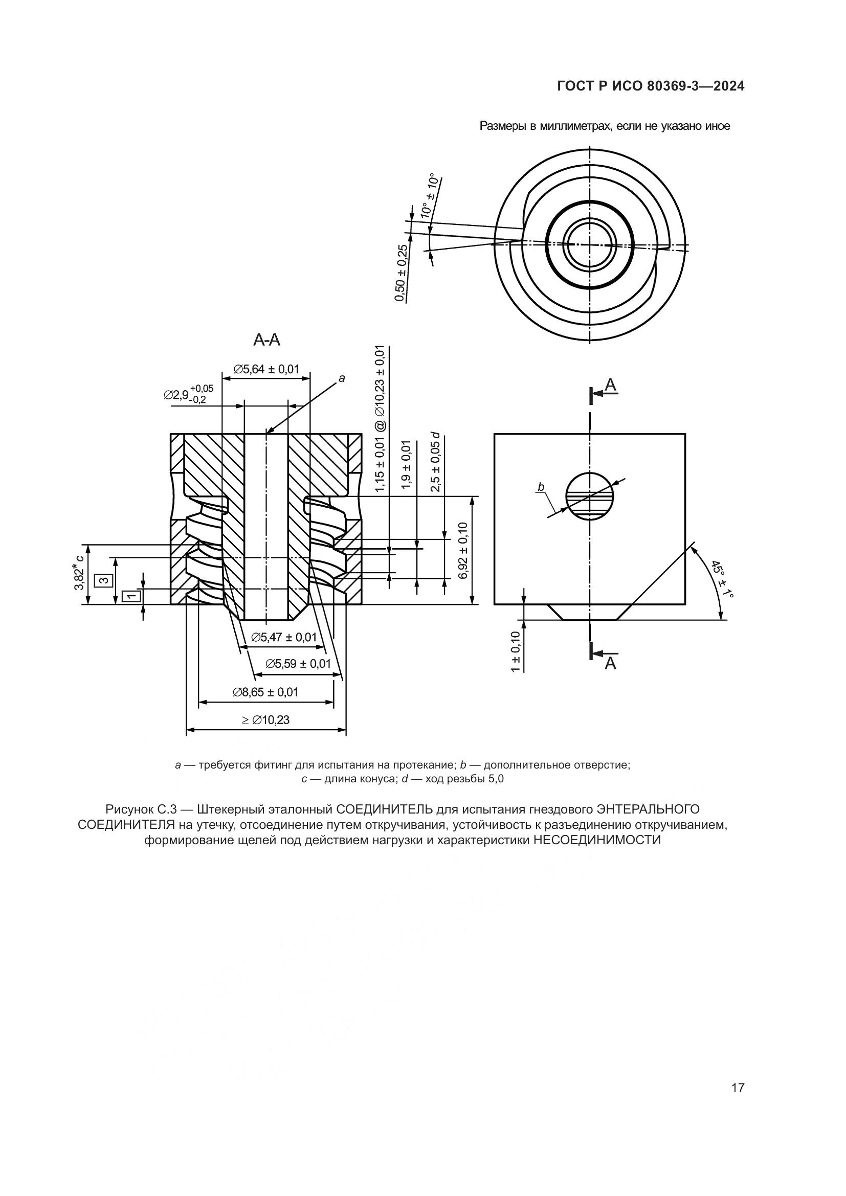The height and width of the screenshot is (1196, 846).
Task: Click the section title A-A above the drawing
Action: [x=266, y=340]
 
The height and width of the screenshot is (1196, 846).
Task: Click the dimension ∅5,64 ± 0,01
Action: [x=266, y=369]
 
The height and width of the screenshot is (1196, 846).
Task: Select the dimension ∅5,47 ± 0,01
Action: [x=283, y=637]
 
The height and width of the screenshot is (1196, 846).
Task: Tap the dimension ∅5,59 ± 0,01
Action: [x=298, y=664]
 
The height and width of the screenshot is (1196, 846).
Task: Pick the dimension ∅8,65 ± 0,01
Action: [x=265, y=692]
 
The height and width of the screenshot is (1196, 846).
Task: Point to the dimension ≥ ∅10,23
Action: [x=265, y=720]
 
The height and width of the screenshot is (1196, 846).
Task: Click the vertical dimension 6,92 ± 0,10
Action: [x=463, y=550]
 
